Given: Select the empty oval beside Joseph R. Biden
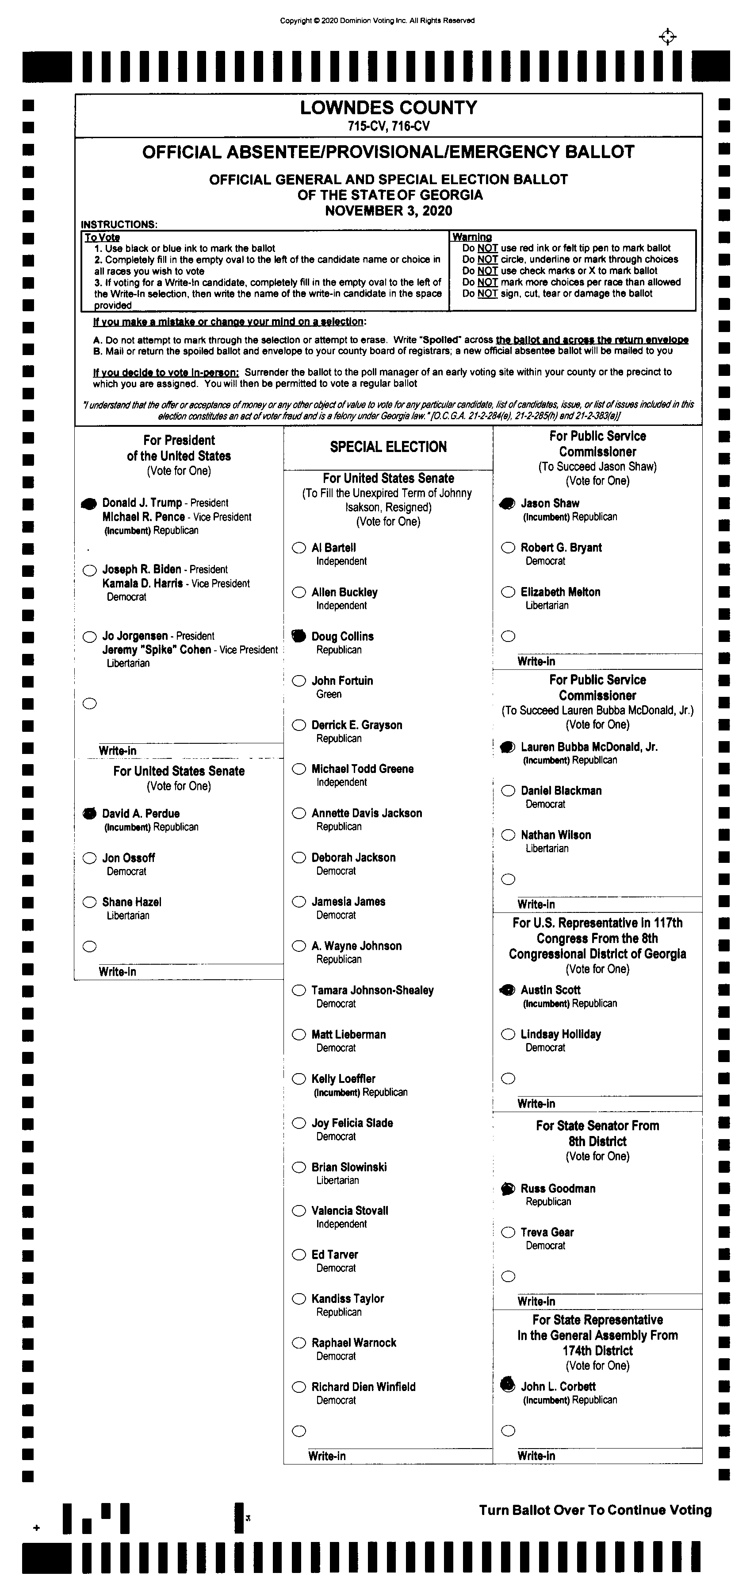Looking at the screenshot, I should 89,570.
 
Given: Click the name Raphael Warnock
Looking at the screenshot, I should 353,1342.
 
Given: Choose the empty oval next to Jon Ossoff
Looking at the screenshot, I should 89,858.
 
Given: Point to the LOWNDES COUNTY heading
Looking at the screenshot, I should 388,108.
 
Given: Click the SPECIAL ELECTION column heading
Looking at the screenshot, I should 388,447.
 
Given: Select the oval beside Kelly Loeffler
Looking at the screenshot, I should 299,1079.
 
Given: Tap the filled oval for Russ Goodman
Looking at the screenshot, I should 508,1188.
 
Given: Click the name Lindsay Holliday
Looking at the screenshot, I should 560,1034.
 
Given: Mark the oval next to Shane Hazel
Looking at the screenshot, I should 89,902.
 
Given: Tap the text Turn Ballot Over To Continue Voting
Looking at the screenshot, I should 595,1510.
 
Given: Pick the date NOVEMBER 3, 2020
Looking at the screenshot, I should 388,211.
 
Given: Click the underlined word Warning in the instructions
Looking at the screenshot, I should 472,237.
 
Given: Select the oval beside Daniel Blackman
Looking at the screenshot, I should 508,790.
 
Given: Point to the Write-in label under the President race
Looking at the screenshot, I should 117,750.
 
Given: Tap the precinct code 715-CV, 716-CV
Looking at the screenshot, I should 388,126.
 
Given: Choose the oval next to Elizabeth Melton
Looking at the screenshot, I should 508,592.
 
